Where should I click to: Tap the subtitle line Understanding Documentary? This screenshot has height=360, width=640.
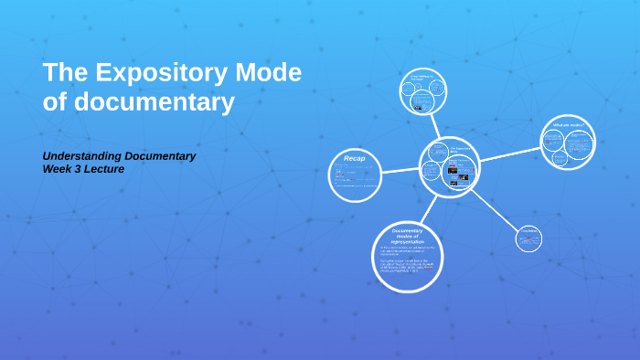(120, 155)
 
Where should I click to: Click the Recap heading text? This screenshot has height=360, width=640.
(355, 158)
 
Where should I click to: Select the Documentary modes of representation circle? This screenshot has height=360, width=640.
(409, 252)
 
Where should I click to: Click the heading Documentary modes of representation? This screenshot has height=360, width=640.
(409, 236)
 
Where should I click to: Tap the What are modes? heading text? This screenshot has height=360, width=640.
(568, 124)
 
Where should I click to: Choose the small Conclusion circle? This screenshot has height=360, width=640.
(528, 240)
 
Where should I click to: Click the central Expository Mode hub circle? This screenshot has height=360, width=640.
(450, 166)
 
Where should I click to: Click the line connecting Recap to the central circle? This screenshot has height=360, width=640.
(400, 170)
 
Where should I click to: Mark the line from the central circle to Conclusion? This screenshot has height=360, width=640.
(495, 209)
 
